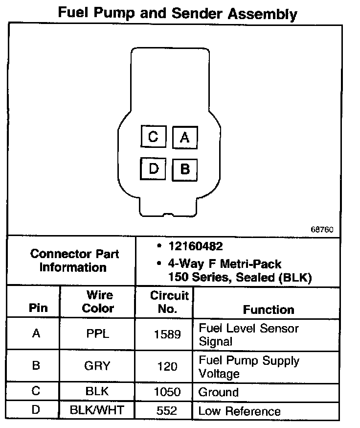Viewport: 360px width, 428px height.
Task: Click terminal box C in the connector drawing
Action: click(153, 137)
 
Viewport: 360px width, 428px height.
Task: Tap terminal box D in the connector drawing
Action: click(153, 169)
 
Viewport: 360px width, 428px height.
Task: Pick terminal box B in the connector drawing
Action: click(184, 169)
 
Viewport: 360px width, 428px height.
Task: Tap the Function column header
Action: click(269, 309)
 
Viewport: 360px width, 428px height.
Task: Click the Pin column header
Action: click(39, 309)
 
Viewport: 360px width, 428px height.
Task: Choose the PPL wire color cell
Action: click(97, 334)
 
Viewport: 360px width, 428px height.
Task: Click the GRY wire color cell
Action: click(97, 366)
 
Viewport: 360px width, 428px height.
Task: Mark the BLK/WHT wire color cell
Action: click(97, 410)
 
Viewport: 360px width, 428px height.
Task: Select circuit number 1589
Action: click(168, 334)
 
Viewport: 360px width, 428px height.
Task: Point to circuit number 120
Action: click(168, 366)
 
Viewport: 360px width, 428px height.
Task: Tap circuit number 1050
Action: click(168, 392)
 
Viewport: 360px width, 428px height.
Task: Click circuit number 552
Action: click(168, 410)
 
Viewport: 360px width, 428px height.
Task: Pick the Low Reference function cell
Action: click(240, 411)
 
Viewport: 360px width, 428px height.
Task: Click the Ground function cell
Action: click(219, 392)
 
